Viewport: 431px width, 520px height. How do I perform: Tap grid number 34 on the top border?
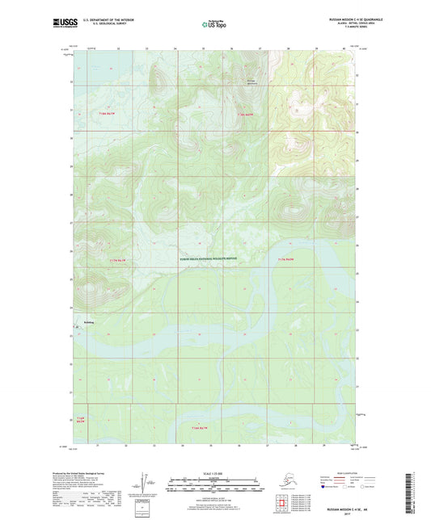click(x=175, y=49)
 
